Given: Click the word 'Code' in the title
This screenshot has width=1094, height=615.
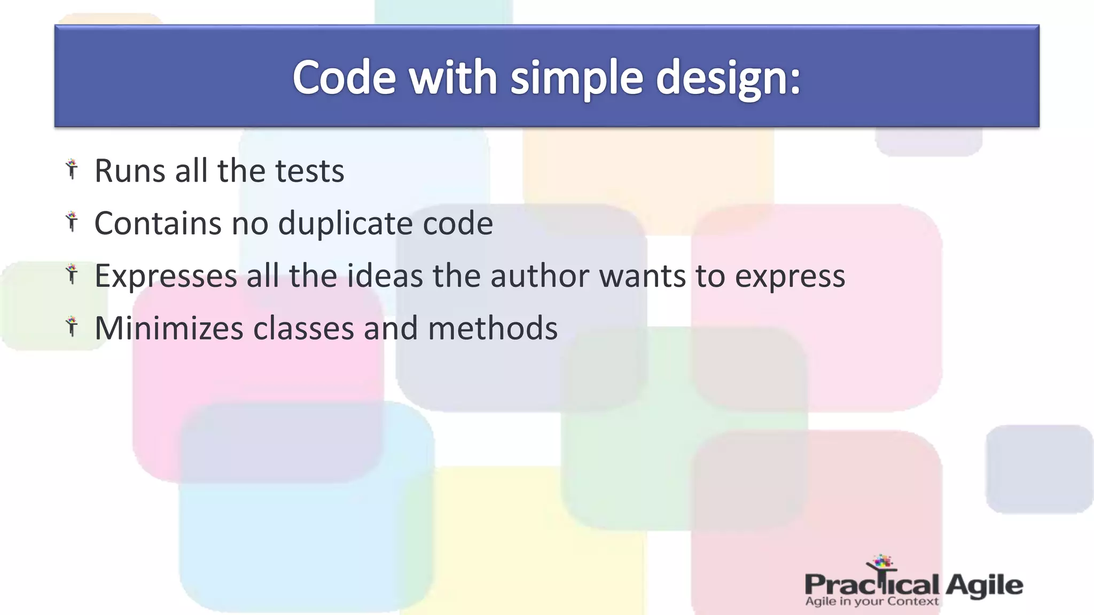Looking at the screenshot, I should (344, 78).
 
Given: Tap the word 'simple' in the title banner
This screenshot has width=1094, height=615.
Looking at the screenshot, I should (576, 78).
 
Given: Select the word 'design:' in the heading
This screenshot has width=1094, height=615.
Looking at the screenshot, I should (728, 78).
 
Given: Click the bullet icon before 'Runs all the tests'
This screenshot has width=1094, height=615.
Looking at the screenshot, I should (72, 169).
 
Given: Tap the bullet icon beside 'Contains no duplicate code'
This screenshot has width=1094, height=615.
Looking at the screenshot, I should (72, 222).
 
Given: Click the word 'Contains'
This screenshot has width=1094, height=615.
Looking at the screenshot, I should (158, 223).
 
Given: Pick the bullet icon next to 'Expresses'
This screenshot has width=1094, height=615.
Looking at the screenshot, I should (72, 274).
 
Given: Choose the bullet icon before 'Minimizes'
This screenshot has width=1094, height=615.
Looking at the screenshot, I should (72, 326).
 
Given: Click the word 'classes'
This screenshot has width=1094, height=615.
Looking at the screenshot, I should (303, 328).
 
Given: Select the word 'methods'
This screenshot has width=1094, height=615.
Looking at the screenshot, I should (493, 328).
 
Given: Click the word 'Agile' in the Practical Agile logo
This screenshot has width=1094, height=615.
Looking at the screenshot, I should (984, 585).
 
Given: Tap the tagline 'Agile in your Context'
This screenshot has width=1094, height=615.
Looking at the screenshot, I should (871, 602).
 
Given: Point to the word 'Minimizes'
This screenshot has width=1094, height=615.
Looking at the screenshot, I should (169, 328).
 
